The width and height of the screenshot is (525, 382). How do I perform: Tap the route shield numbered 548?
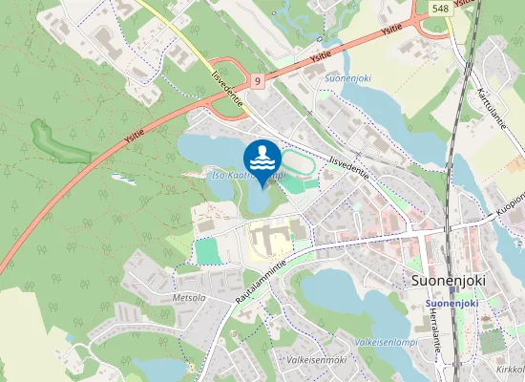coord(440,8)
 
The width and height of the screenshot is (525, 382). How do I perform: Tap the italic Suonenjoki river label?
coord(346,79)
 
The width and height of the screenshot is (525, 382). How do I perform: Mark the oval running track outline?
coord(297,165)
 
